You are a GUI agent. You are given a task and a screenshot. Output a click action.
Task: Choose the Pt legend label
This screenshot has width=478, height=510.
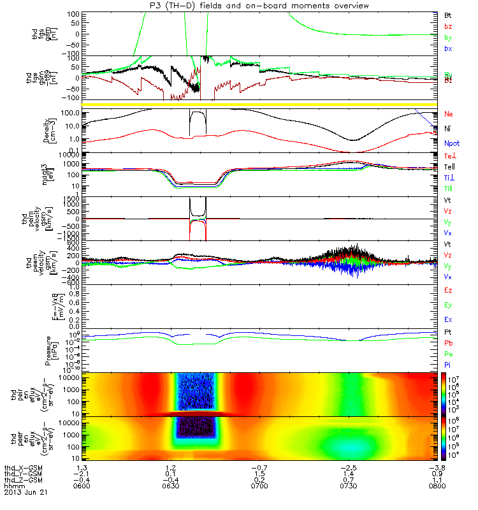448,333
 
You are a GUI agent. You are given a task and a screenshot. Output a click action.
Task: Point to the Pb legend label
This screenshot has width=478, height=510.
448,343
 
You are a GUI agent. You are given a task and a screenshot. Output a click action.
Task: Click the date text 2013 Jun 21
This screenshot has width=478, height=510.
25,493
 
